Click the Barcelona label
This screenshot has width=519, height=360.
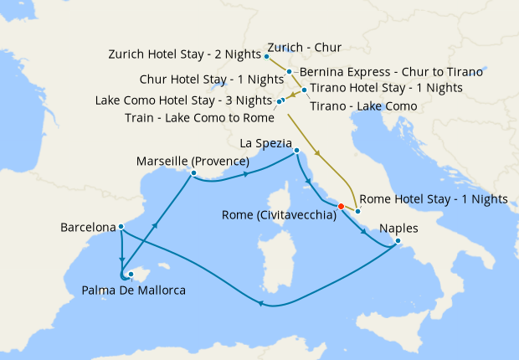pos(88,227)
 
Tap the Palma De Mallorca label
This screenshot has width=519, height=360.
pos(134,291)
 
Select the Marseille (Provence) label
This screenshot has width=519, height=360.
pos(193,161)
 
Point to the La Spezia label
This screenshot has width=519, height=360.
pos(269,142)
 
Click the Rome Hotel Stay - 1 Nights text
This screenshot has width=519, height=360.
pos(433,199)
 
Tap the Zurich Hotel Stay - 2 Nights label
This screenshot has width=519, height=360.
pos(186,54)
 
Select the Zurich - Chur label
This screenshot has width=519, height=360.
pos(304,48)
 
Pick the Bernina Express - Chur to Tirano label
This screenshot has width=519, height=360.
pos(373,72)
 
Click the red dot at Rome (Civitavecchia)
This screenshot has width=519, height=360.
pos(341,206)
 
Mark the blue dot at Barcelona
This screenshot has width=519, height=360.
pos(122,226)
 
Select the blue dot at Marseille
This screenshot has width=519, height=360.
pos(193,173)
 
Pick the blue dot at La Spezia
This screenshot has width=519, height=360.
pos(296,152)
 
